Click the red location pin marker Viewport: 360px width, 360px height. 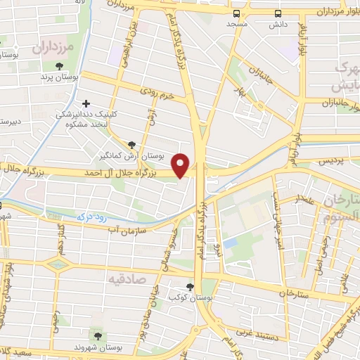point(181,165)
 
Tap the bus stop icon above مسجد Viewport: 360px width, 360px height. point(236,13)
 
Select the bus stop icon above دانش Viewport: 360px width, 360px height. point(278,13)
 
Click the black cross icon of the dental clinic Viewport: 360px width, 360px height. point(86,103)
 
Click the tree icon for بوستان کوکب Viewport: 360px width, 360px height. point(190,286)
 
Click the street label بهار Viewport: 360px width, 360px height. point(237,92)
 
